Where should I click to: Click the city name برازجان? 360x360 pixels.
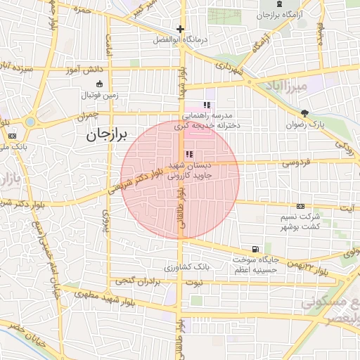coord(114,136)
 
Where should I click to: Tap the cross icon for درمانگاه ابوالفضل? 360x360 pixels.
coord(181,30)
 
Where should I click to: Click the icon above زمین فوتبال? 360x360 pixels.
coord(99,84)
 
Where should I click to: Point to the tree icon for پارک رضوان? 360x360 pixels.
coord(304,113)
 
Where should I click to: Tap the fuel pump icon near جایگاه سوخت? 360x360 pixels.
coord(255,249)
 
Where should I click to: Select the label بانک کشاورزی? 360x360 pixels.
coord(187,268)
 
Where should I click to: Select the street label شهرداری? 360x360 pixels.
coord(229,70)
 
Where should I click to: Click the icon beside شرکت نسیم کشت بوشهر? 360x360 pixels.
coord(300,206)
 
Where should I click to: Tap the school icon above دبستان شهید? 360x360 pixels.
coord(189,154)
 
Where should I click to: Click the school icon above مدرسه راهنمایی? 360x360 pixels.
coord(207,104)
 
